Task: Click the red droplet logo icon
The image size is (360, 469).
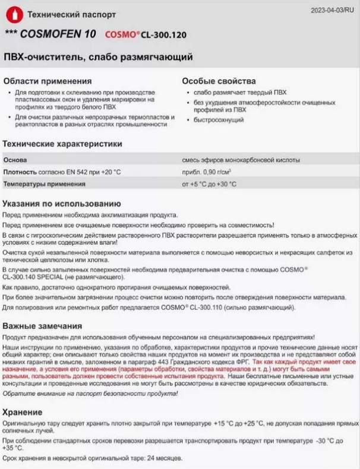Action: [12, 14]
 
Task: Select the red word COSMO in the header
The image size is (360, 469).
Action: [121, 34]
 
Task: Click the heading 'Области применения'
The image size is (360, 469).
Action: [48, 81]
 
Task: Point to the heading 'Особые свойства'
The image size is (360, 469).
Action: [219, 81]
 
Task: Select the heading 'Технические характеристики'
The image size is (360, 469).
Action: [62, 144]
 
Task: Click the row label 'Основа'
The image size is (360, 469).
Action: [15, 160]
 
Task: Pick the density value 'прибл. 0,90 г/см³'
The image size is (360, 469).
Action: [207, 172]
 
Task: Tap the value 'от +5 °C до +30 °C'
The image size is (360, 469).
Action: [209, 184]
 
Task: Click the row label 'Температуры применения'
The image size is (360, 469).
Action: [40, 184]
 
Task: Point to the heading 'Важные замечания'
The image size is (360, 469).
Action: [42, 326]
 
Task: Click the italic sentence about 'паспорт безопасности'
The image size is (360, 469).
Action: [87, 394]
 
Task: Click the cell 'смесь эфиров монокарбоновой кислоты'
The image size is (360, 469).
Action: [241, 160]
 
